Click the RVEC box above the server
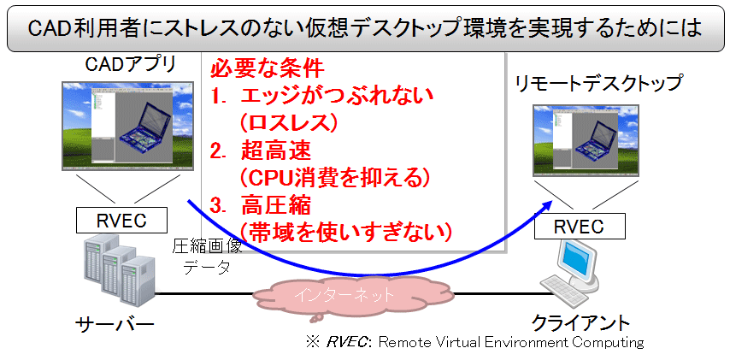pos(122,221)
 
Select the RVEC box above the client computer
pos(580,227)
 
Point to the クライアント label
pos(580,322)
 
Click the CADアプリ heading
pos(131,64)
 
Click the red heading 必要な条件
pos(268,70)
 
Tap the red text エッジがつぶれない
pos(338,96)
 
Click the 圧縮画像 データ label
pos(207,257)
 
